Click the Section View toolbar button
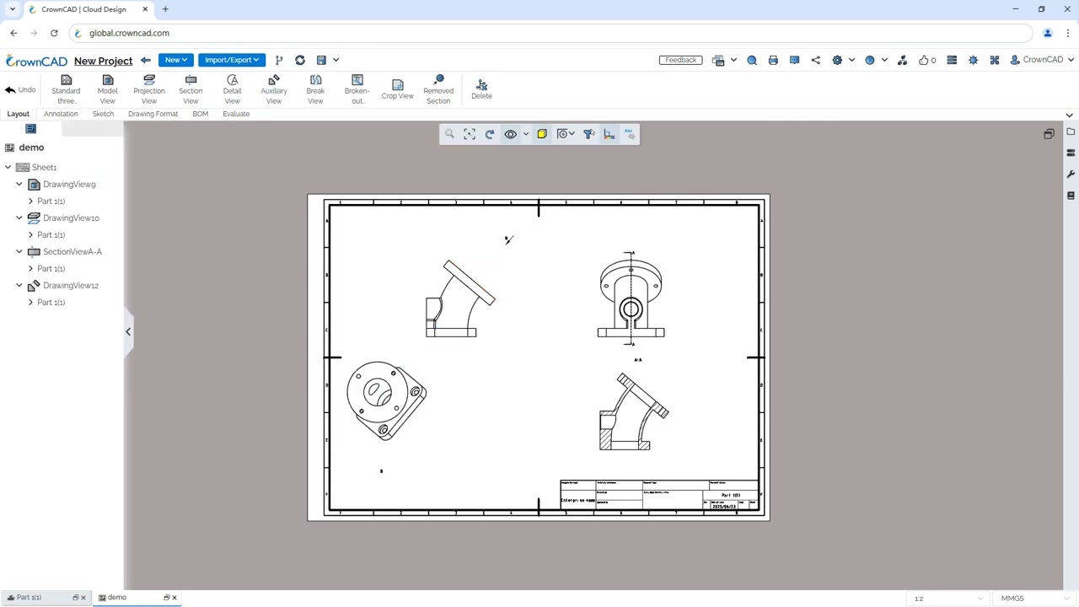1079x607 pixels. (191, 89)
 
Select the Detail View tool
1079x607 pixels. (232, 89)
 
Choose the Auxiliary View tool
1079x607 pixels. (274, 89)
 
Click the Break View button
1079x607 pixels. (315, 89)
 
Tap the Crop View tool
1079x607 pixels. (397, 89)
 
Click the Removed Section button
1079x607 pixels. (438, 89)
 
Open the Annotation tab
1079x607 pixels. (61, 114)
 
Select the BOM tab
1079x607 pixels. (200, 114)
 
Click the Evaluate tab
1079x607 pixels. (236, 114)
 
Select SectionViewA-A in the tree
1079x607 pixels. (72, 251)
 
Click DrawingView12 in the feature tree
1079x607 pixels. (71, 285)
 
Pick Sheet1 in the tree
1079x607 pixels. (44, 167)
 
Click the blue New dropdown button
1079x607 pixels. (175, 60)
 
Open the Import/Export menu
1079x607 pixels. (231, 60)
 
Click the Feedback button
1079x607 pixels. (680, 60)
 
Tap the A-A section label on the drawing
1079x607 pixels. (637, 360)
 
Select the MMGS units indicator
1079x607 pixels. (1012, 599)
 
